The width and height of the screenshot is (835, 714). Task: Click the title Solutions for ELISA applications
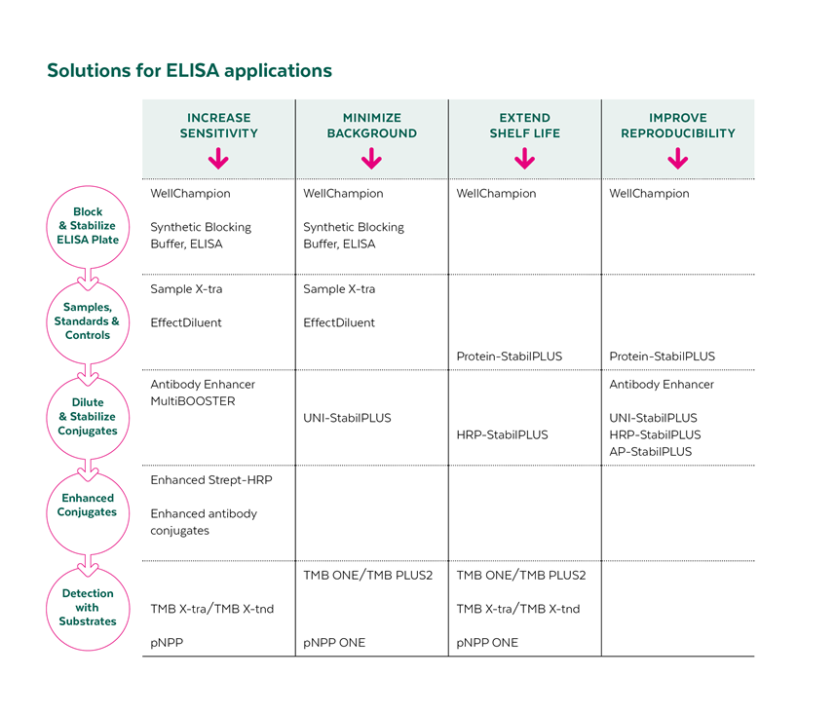pyautogui.click(x=189, y=71)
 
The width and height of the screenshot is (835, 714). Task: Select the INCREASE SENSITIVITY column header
pyautogui.click(x=218, y=126)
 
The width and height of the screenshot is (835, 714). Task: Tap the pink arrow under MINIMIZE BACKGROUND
pyautogui.click(x=371, y=159)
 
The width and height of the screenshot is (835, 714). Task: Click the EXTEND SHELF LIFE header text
pyautogui.click(x=524, y=126)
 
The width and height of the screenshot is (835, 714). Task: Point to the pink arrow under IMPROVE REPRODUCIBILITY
pyautogui.click(x=677, y=159)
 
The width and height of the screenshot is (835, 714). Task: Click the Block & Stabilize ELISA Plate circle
pyautogui.click(x=88, y=226)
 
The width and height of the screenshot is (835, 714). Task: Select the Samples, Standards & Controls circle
pyautogui.click(x=88, y=321)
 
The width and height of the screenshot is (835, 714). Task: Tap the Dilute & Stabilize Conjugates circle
pyautogui.click(x=88, y=417)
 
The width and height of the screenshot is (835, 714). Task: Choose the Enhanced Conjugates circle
pyautogui.click(x=88, y=505)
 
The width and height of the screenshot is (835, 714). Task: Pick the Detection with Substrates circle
pyautogui.click(x=88, y=607)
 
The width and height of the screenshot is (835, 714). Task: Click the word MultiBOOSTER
pyautogui.click(x=193, y=401)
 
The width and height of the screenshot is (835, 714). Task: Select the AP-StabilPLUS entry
pyautogui.click(x=650, y=452)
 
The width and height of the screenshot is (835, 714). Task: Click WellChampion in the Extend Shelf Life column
pyautogui.click(x=496, y=194)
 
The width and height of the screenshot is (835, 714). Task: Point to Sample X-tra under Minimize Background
pyautogui.click(x=339, y=289)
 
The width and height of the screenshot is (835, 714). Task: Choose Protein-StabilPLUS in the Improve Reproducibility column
pyautogui.click(x=662, y=357)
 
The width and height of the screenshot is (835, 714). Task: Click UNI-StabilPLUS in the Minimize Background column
pyautogui.click(x=347, y=418)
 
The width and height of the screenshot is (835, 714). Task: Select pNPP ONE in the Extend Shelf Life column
pyautogui.click(x=487, y=643)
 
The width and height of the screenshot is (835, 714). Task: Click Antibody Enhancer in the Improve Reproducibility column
pyautogui.click(x=662, y=385)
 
